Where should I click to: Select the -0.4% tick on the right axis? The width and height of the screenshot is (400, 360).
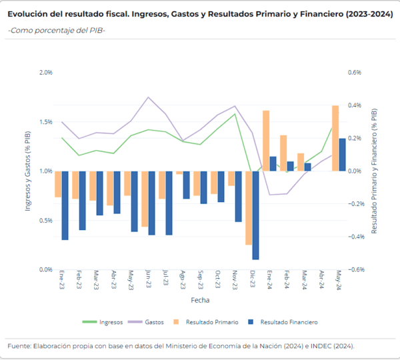click(x=352, y=237)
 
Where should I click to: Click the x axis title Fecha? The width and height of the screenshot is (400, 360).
click(x=200, y=300)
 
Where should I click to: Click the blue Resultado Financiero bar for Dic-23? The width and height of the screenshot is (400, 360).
click(x=255, y=215)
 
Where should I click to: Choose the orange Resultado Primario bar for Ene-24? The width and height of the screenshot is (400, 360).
click(x=266, y=141)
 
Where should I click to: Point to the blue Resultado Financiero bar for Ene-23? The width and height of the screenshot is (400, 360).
click(x=65, y=205)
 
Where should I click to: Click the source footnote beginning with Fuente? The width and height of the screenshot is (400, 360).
click(x=181, y=346)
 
